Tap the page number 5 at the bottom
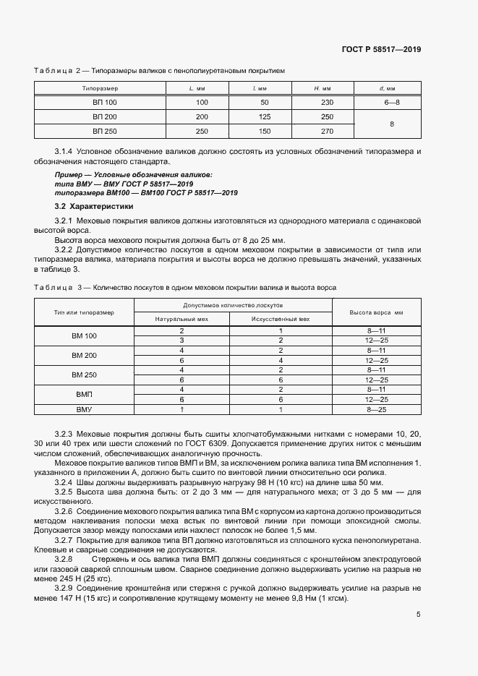(419, 615)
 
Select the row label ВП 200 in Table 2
(104, 116)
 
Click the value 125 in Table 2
(265, 116)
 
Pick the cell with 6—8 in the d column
(392, 103)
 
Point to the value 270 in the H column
(327, 131)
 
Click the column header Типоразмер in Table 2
(104, 88)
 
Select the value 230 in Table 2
(327, 103)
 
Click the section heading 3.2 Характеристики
(90, 206)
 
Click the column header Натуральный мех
(182, 319)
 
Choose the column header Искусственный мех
(280, 319)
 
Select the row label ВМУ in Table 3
(84, 409)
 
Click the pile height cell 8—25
(377, 409)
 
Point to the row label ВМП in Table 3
(84, 394)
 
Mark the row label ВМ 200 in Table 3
(84, 355)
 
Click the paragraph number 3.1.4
(64, 150)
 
